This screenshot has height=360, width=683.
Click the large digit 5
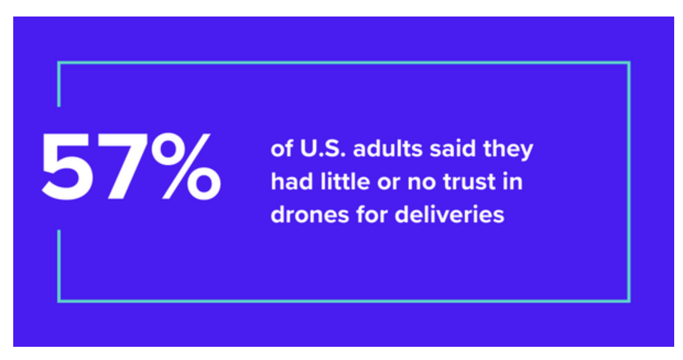[x=67, y=167]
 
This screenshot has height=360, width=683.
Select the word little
[x=337, y=182]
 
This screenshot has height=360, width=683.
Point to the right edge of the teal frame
[x=629, y=182]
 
